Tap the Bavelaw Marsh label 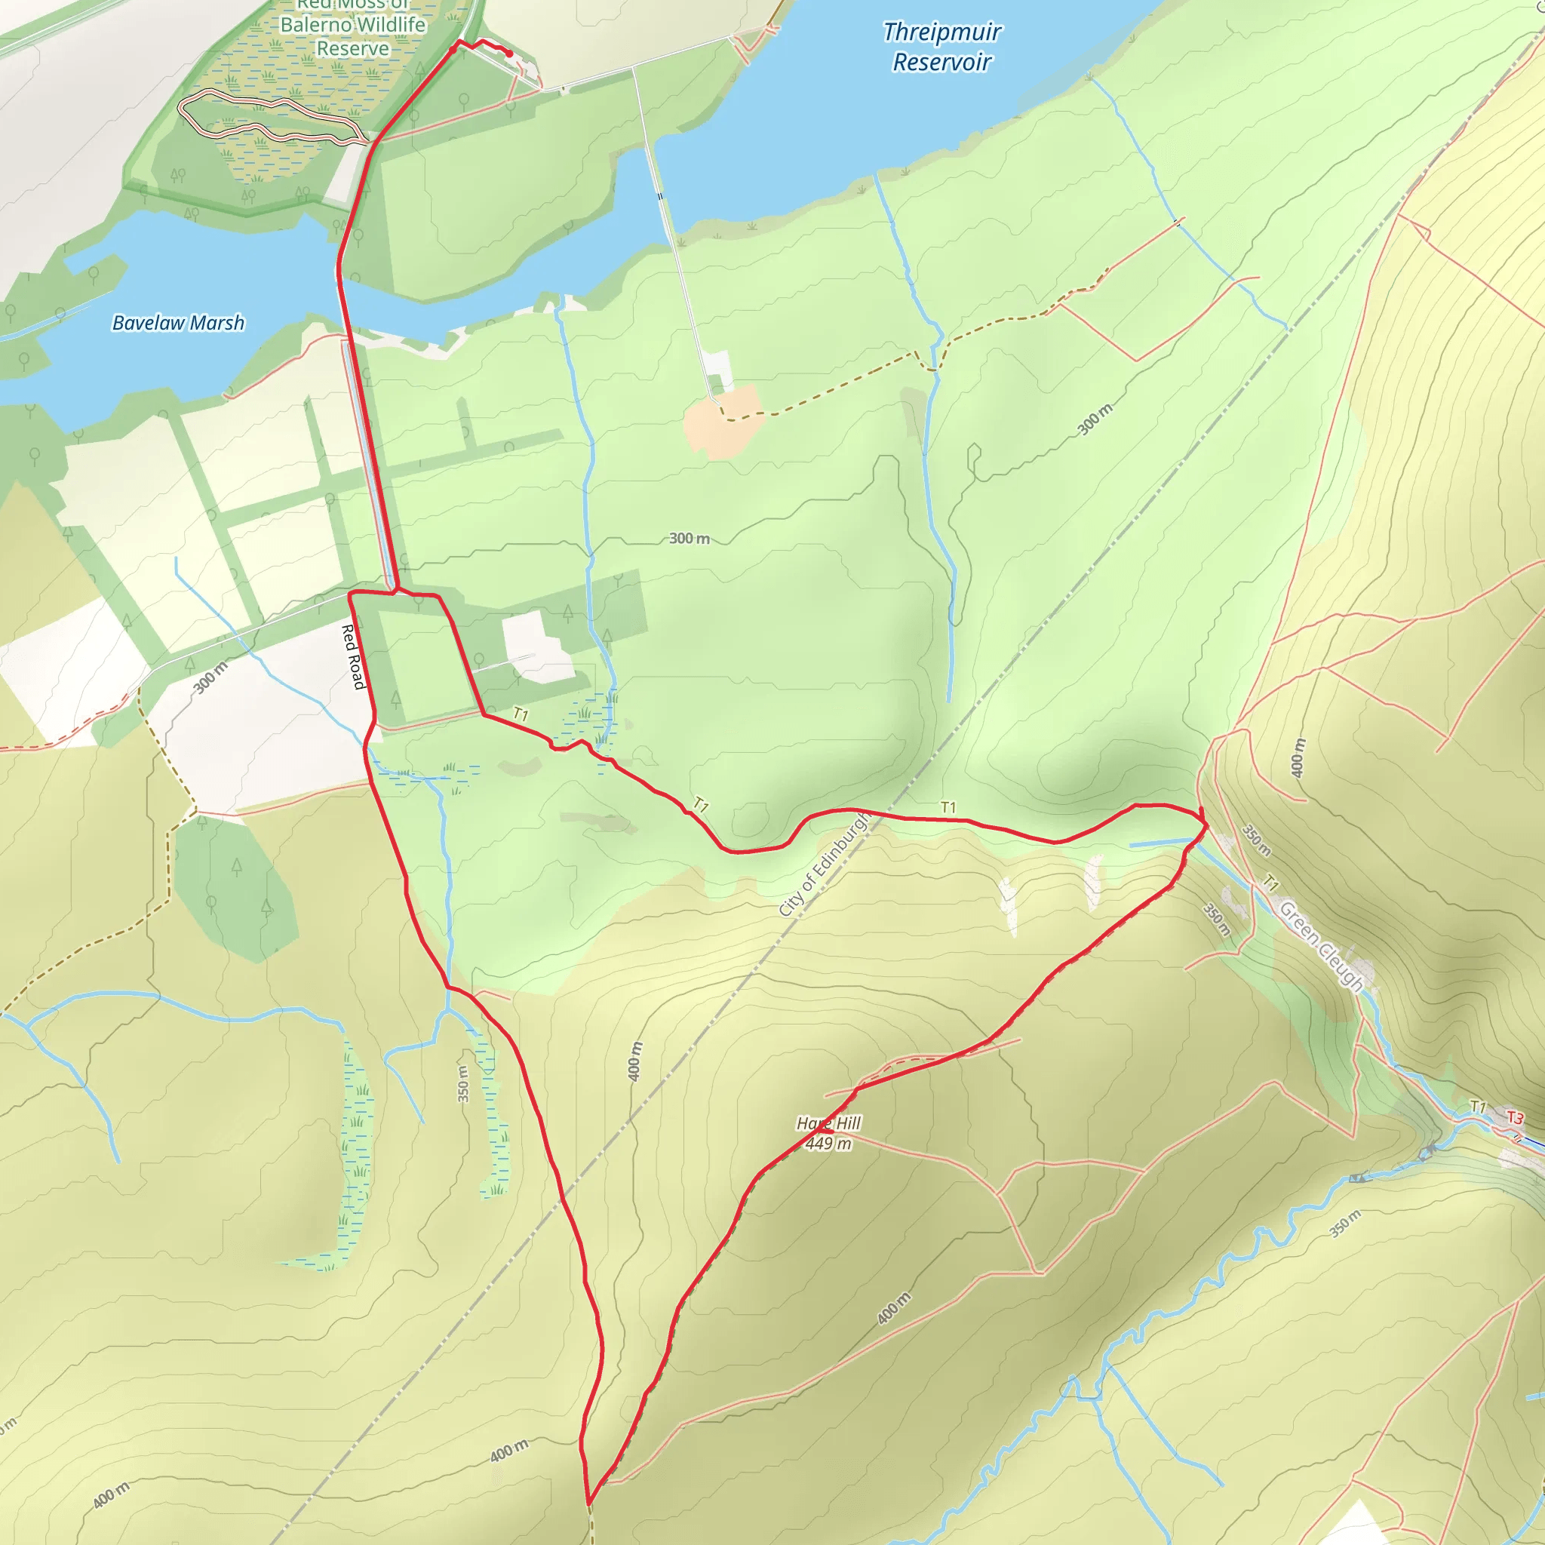click(177, 323)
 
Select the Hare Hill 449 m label click(828, 1133)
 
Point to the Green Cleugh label click(1320, 945)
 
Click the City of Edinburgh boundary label click(823, 864)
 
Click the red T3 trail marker click(1515, 1117)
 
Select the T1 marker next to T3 click(1479, 1107)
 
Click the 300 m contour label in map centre click(690, 538)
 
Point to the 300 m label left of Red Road click(210, 677)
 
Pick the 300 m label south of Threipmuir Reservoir click(1095, 420)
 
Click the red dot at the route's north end click(508, 53)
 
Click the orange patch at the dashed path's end click(722, 421)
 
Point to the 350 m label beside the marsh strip click(463, 1083)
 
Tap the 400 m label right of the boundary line click(635, 1061)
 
